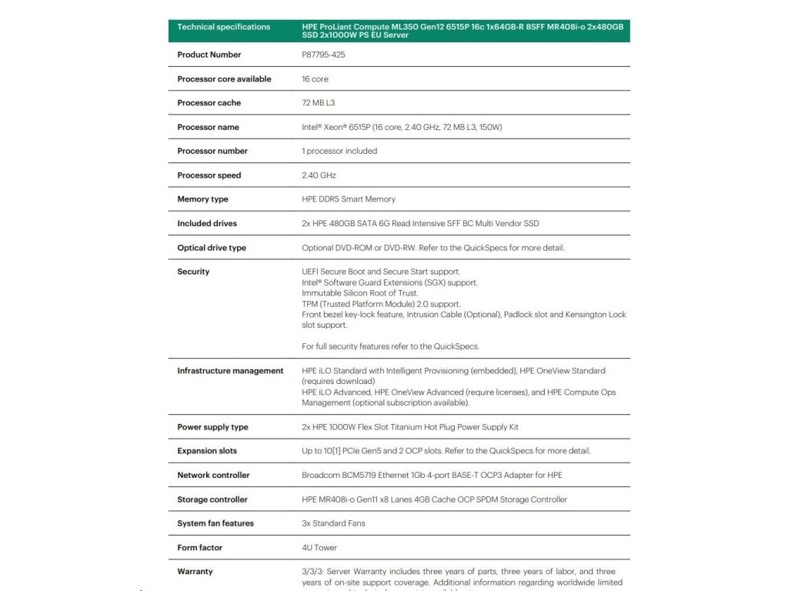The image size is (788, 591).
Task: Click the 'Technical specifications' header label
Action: point(223,27)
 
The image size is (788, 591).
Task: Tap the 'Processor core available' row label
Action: point(224,79)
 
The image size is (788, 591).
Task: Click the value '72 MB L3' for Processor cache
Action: point(319,103)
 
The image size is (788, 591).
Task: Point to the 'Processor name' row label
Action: point(208,127)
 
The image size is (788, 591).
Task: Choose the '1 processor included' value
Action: point(339,151)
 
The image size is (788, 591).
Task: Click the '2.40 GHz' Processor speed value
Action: point(319,175)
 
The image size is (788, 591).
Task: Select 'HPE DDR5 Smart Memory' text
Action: point(349,199)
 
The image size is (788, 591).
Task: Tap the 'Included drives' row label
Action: point(207,223)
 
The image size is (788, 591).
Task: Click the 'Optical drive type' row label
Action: point(212,248)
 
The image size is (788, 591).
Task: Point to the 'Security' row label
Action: point(193,272)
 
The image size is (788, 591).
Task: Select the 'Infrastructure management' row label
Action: point(230,371)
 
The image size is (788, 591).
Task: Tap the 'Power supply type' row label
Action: point(212,427)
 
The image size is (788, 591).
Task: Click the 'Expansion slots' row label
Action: point(207,451)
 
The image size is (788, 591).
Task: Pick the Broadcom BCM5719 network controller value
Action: point(432,475)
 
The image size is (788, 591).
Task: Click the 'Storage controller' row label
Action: point(212,499)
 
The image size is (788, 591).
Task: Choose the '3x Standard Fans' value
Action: point(333,523)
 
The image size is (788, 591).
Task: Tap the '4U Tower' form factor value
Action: point(319,548)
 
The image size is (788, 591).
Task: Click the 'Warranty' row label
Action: point(195,572)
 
